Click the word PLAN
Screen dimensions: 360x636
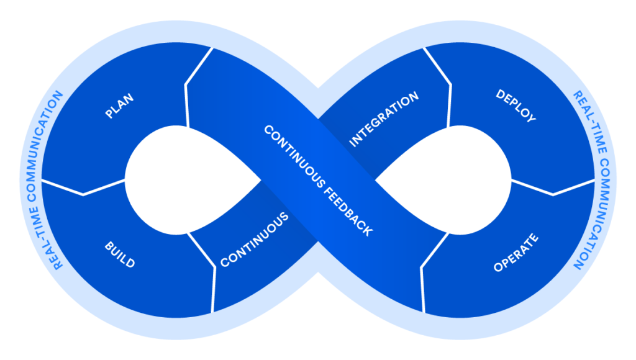119,106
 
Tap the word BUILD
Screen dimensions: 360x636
119,254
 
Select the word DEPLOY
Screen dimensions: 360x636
516,106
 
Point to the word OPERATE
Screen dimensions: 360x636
516,253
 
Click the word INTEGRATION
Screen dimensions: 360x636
384,119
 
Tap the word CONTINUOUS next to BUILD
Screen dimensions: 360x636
255,240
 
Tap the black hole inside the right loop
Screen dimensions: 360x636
447,180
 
